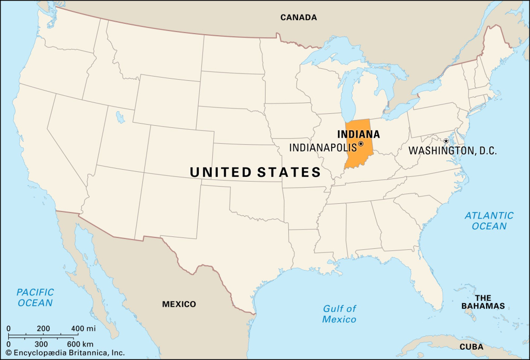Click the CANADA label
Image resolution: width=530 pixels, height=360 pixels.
coord(299,18)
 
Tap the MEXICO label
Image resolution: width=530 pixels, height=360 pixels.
coord(179,304)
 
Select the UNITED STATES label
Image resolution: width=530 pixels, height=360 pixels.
coord(255,172)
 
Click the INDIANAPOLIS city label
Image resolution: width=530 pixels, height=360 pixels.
coord(323,147)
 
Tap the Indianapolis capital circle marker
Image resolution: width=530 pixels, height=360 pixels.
coord(361,144)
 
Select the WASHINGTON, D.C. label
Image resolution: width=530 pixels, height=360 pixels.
coord(452,151)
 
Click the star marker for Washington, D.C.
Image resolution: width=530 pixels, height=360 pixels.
coord(446,141)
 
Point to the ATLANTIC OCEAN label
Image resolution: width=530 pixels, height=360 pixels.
coord(489,221)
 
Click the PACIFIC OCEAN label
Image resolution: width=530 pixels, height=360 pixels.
coord(35,297)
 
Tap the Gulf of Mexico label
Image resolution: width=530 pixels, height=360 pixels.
coord(340,314)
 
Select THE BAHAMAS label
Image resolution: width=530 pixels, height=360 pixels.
coord(483,302)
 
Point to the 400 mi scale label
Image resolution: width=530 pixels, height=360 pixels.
coord(83,328)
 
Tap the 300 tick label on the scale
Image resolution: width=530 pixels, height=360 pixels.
coord(41,344)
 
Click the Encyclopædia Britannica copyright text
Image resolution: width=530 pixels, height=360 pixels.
coord(65,353)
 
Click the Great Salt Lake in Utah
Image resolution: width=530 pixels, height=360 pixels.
coord(121,117)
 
